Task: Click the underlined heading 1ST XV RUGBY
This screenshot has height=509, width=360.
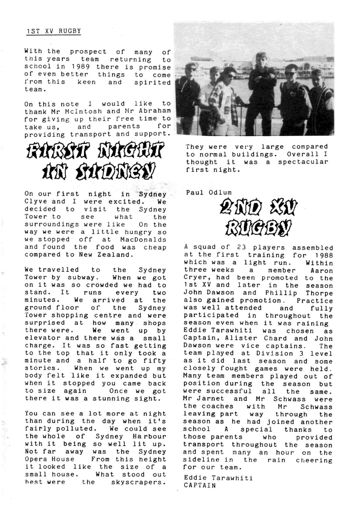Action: coord(54,31)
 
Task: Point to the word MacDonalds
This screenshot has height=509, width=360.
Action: coord(143,240)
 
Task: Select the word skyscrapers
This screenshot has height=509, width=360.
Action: coord(138,482)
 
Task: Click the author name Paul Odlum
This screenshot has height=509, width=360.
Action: coord(209,193)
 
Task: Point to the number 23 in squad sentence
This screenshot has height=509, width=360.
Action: coord(241,247)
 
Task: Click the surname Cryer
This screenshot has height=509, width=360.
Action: coord(197,278)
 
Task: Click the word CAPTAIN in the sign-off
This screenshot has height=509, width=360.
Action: coord(200,486)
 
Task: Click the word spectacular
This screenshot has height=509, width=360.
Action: coord(303,162)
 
